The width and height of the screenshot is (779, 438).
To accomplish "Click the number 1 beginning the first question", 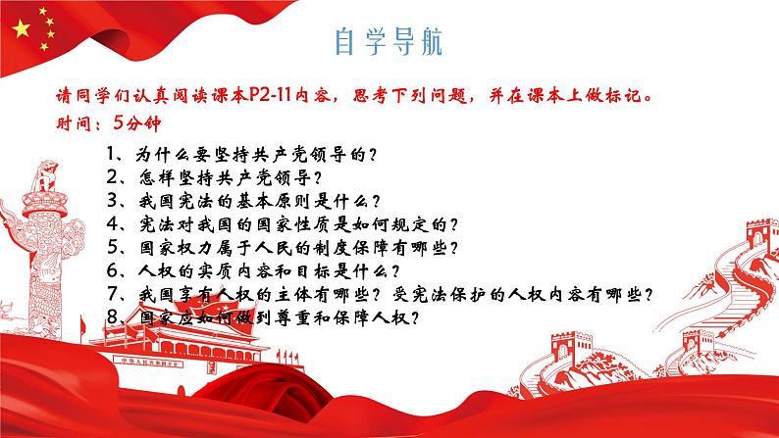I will [x=106, y=156].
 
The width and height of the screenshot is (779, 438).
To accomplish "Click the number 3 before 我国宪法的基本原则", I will [x=106, y=202].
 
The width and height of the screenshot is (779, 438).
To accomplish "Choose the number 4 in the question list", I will [x=106, y=224].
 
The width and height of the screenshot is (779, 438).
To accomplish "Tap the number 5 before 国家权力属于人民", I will [x=106, y=248].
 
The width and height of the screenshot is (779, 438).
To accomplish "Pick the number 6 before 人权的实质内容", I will [x=106, y=271].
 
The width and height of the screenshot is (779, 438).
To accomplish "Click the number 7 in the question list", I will [x=106, y=295].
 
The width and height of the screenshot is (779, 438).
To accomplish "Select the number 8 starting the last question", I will [x=106, y=317].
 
